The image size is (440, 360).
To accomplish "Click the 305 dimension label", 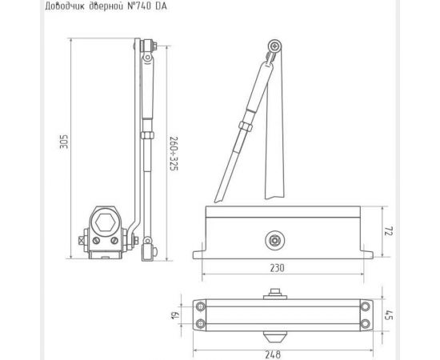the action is point(64,142).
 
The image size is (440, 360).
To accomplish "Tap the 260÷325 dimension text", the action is point(174,154).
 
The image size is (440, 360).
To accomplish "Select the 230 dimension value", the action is point(277,268).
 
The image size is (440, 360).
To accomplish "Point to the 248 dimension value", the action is point(273,354).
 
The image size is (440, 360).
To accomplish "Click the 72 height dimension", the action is point(388,230).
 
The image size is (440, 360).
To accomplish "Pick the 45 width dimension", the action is point(389,315).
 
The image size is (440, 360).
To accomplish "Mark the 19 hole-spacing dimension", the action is point(174,315).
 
